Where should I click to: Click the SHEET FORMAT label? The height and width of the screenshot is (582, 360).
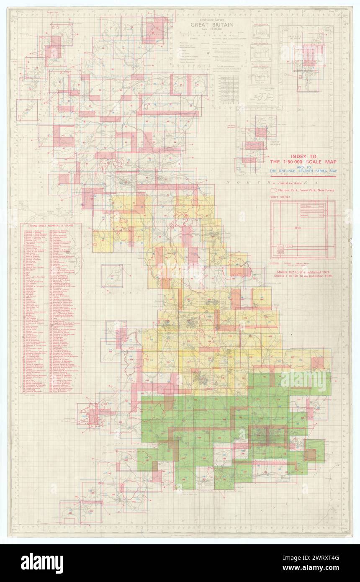279,198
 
